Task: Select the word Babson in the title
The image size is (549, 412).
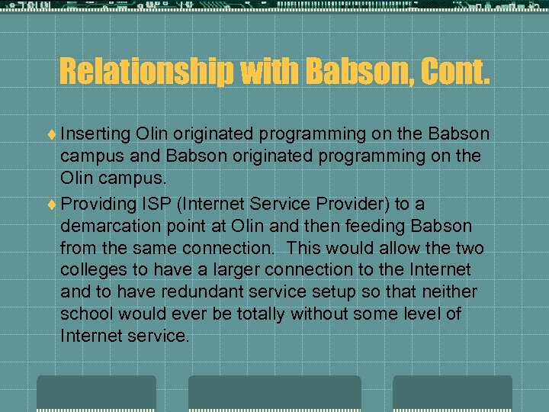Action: tap(344, 72)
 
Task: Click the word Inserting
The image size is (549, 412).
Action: tap(95, 134)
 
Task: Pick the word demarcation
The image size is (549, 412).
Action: tap(110, 227)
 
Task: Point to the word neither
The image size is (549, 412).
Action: tap(451, 292)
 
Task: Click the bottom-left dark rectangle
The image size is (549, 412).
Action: tap(96, 394)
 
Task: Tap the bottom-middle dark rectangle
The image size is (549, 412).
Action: tap(274, 394)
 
